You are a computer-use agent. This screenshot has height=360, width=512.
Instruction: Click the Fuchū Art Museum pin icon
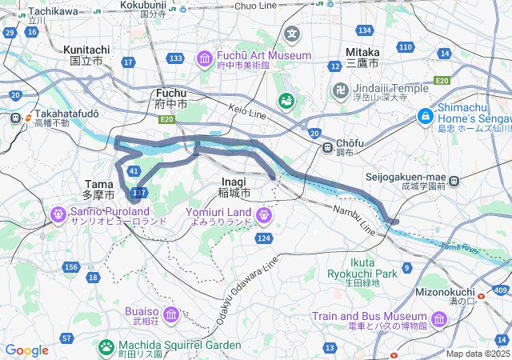click(x=204, y=58)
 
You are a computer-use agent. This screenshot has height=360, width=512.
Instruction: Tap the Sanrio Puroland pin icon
click(x=58, y=214)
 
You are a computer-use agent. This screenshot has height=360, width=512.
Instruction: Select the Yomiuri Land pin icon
click(x=264, y=215)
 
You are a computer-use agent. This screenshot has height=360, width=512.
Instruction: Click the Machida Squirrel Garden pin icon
click(x=106, y=347)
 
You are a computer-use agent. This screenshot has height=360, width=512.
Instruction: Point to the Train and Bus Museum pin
click(x=439, y=319)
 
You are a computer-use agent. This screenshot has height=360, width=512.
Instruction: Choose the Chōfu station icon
click(x=326, y=147)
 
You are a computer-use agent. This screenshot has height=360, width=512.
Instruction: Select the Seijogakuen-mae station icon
click(x=454, y=182)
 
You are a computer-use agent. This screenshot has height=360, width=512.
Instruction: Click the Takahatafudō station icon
click(x=14, y=118)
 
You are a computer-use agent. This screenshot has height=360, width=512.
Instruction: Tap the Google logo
click(x=26, y=350)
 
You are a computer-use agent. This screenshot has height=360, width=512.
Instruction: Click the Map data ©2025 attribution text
click(x=477, y=354)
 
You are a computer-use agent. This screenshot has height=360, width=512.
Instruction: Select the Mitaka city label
click(x=362, y=57)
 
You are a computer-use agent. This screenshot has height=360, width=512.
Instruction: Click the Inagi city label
click(x=234, y=187)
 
